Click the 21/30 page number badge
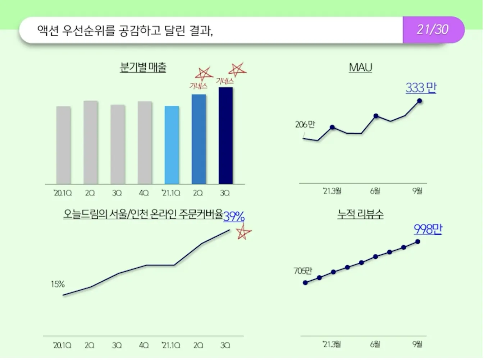coord(433,29)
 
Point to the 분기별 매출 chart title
coord(143,67)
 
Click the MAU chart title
coord(360,67)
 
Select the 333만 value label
coord(421,87)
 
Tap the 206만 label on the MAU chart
coord(305,124)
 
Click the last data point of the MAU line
coord(419,101)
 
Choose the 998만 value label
coord(428,229)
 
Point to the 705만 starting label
coord(303,271)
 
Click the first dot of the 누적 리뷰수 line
coord(305,283)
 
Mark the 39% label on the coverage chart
coord(234,216)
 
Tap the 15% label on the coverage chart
coord(58,284)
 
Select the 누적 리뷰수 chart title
coord(360,214)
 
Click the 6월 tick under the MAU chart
coord(375,191)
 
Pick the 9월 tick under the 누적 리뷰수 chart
coord(417,344)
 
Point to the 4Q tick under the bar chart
coord(144,193)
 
